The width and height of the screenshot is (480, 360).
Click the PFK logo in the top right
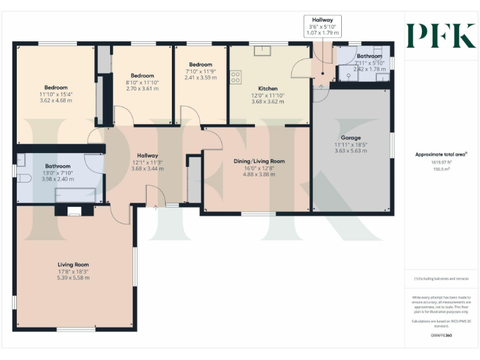pos(441,36)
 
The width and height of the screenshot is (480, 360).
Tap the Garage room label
pos(350,137)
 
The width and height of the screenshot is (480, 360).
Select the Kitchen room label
pos(268,89)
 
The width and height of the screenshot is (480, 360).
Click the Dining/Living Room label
pos(259,161)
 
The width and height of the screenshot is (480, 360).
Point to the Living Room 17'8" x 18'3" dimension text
pos(73,271)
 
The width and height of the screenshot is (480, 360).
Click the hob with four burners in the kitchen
pos(236,77)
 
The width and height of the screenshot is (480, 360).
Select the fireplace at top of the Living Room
pos(74,211)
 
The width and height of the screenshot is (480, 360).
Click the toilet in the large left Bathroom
pos(24,178)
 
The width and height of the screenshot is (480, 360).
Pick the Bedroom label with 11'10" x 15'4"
pos(56,87)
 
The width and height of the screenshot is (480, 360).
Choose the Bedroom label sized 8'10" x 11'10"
pos(142,76)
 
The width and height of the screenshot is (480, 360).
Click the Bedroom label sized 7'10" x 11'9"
pos(201,64)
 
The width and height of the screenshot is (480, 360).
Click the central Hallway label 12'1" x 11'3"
pos(147,156)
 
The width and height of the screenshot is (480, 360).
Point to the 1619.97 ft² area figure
pos(441,161)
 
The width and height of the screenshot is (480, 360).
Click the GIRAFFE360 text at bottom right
pos(441,336)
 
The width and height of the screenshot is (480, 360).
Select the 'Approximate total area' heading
pos(441,154)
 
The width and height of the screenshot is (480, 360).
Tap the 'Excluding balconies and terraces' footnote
pos(441,279)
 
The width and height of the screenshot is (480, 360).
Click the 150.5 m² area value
pos(441,168)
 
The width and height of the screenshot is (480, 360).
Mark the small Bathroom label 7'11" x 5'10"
pos(369,56)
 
